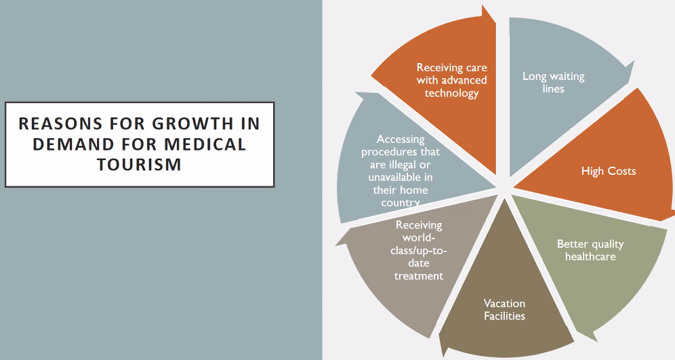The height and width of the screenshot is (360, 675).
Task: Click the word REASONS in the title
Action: point(60,123)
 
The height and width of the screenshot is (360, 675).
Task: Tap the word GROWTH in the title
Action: point(193,123)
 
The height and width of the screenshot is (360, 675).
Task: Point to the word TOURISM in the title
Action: point(139,164)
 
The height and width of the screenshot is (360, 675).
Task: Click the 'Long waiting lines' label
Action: point(553,82)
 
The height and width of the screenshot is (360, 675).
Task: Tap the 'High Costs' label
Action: point(609,171)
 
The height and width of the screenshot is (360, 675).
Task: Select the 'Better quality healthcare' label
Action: point(590,250)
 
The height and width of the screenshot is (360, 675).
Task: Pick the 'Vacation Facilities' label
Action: point(504,310)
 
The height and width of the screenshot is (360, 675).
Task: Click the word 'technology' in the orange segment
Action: point(451,93)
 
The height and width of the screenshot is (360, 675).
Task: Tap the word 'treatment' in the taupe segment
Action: point(419,276)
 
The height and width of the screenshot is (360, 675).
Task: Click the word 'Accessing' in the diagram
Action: point(401,139)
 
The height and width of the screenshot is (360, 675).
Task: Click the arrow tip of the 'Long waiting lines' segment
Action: point(634,62)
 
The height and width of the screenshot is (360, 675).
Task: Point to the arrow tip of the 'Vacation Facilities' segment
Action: point(440,336)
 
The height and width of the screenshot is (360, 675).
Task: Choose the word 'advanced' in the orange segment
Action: point(464,80)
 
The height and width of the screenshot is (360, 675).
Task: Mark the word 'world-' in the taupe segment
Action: point(419,238)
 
